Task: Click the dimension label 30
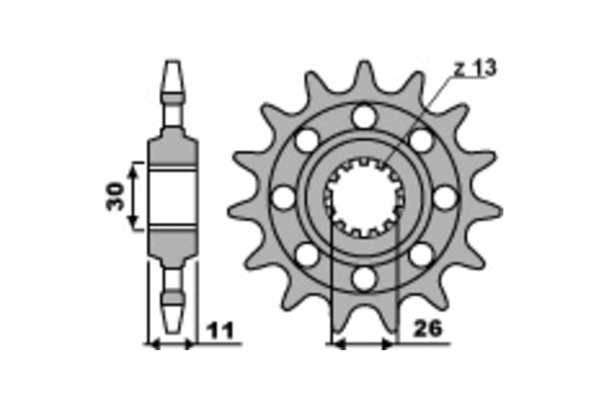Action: pyautogui.click(x=115, y=196)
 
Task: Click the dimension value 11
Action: pyautogui.click(x=220, y=331)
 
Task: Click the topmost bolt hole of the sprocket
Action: pyautogui.click(x=364, y=117)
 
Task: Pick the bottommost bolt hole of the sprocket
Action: pyautogui.click(x=364, y=278)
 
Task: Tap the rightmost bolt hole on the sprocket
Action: pyautogui.click(x=445, y=197)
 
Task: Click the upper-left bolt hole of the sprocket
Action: pyautogui.click(x=307, y=140)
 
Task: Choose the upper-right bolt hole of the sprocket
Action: pyautogui.click(x=421, y=140)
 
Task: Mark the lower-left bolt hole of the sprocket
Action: pyautogui.click(x=307, y=255)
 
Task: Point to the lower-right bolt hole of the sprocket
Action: pyautogui.click(x=421, y=255)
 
